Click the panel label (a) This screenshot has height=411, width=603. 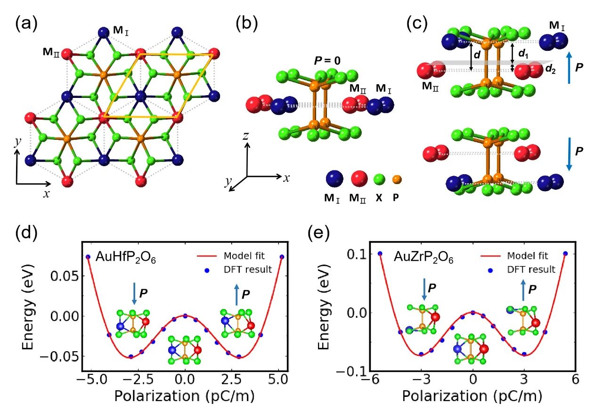[x=26, y=24]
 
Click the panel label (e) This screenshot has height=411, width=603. [x=318, y=233]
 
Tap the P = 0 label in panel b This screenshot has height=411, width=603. [x=327, y=61]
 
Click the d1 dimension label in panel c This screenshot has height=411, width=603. [x=523, y=54]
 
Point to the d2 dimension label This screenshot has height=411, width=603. [x=550, y=69]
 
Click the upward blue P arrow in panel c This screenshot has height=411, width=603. [x=569, y=67]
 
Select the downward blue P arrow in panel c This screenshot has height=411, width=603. [x=569, y=154]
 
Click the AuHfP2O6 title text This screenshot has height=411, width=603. [x=126, y=258]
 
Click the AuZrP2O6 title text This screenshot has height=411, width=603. [x=424, y=258]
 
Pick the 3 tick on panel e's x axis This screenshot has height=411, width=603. [x=523, y=379]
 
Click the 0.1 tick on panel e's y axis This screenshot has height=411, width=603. [x=357, y=254]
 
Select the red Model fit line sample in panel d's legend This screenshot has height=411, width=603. [x=207, y=256]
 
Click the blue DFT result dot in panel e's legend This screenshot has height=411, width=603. [x=490, y=270]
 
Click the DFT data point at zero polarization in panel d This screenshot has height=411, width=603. [x=185, y=316]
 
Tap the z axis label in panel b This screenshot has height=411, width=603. [x=245, y=136]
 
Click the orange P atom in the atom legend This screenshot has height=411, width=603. [x=397, y=179]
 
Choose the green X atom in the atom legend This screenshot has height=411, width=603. [x=379, y=179]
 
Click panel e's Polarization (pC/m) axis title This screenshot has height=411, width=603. [x=472, y=396]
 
